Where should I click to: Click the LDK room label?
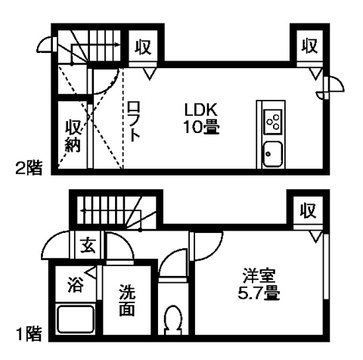tap(200, 110)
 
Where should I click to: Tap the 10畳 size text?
tap(201, 127)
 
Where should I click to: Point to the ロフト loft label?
tap(134, 122)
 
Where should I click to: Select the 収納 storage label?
tap(73, 136)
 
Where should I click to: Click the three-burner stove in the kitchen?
tap(273, 122)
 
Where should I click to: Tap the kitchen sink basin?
tap(272, 154)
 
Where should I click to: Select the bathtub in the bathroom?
tap(76, 319)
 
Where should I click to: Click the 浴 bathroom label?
tap(75, 284)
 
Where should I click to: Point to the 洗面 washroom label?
tap(127, 300)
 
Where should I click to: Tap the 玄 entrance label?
tap(88, 245)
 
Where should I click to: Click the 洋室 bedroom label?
tap(259, 276)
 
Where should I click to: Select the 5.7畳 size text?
tap(259, 293)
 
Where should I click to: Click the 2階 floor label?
tap(29, 168)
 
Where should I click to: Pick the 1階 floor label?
tap(29, 334)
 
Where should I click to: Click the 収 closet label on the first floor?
tap(308, 210)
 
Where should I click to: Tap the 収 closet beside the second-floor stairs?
tap(143, 47)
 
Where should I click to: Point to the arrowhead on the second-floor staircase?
tap(116, 45)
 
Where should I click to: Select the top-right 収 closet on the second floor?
tap(309, 45)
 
